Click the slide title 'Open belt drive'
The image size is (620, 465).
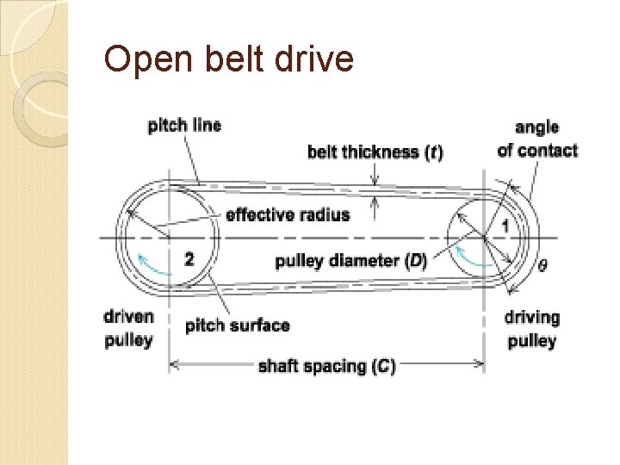coord(228,59)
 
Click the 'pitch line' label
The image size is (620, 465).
coord(184,126)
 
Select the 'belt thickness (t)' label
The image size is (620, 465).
coord(375,152)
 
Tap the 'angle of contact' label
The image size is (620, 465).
coord(537,139)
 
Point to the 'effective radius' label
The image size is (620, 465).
coord(288,214)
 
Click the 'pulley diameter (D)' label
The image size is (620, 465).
coord(351,261)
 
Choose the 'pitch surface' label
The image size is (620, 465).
coord(238,325)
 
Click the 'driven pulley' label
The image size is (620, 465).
coord(128,328)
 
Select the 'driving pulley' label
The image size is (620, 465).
coord(531,329)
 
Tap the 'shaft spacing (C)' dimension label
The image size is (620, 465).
coord(327,366)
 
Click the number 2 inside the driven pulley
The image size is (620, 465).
coord(189,257)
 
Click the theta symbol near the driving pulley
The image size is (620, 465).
coord(542,265)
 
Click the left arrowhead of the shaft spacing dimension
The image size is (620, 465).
coord(173,365)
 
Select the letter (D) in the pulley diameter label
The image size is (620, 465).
coord(417,261)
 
